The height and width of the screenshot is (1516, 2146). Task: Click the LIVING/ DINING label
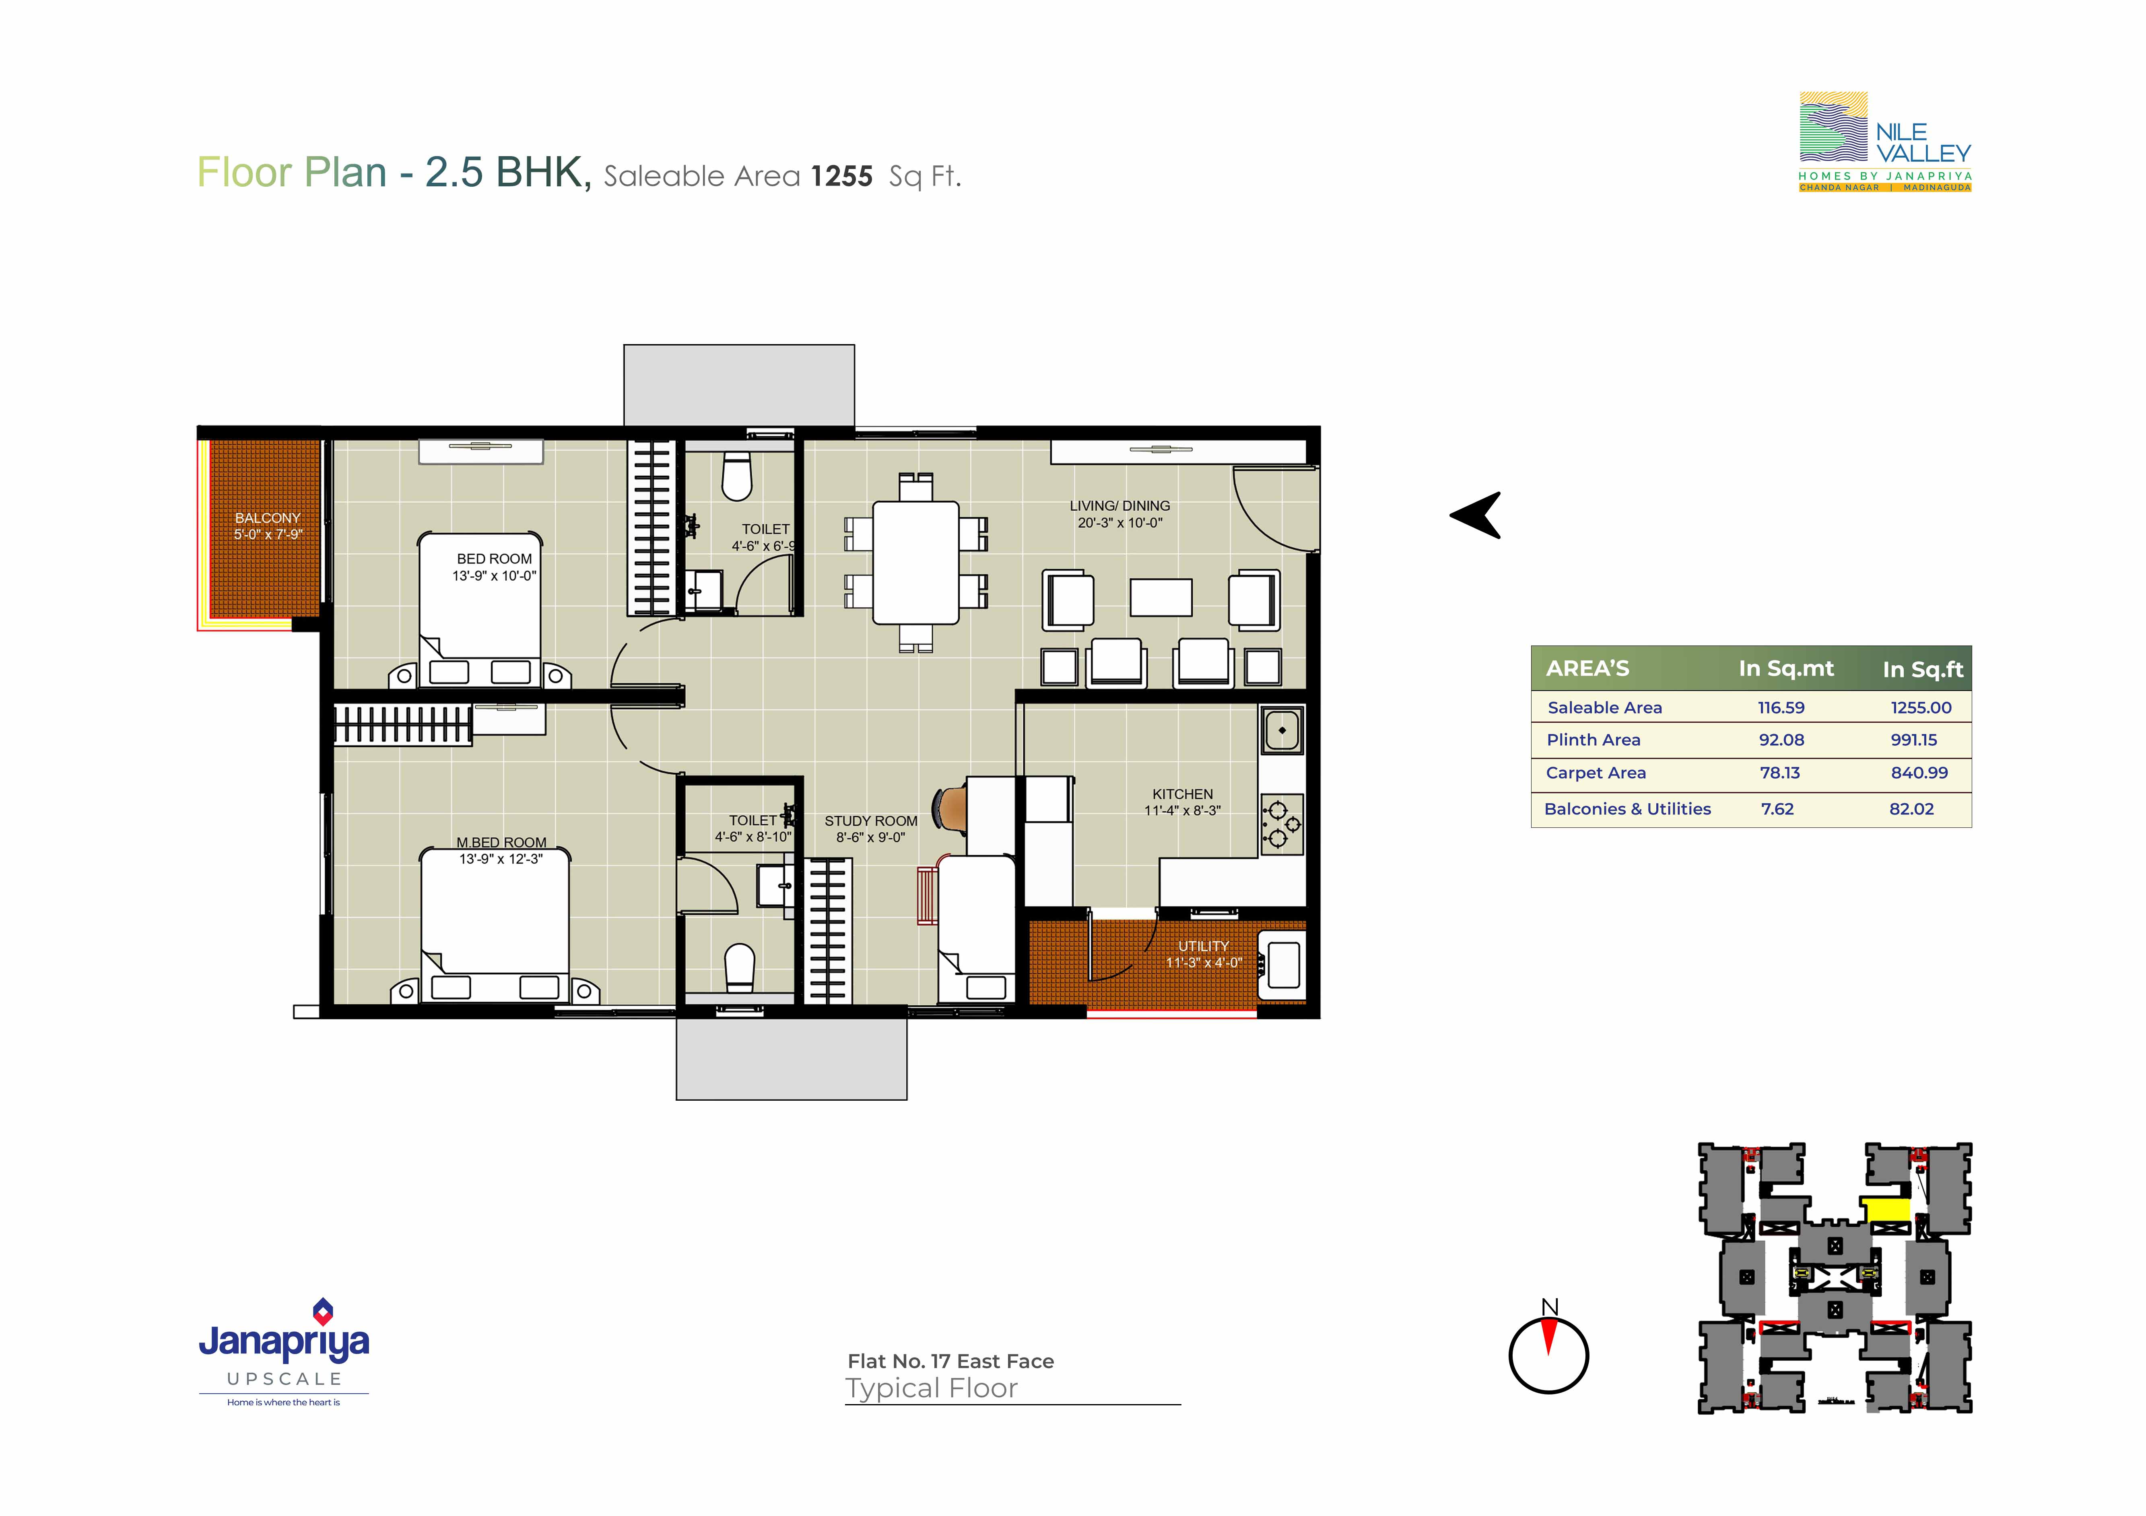(x=1120, y=505)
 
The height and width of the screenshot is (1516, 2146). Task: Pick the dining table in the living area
(x=916, y=563)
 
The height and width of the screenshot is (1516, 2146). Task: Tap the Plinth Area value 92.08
(x=1781, y=739)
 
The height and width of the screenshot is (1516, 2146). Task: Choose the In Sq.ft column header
(x=1923, y=669)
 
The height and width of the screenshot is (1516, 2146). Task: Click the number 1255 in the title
(x=841, y=176)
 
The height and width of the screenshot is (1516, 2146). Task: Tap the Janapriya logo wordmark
(x=284, y=1342)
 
